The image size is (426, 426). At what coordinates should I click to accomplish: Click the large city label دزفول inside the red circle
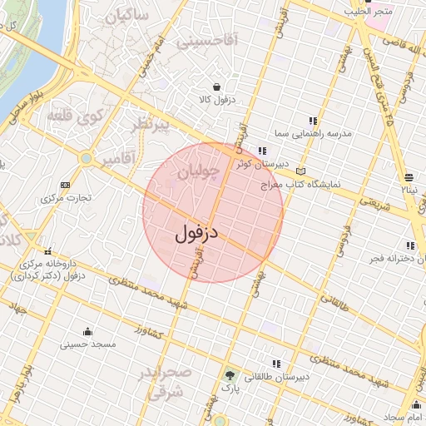pyautogui.click(x=196, y=233)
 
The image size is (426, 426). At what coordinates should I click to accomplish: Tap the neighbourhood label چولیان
pyautogui.click(x=199, y=173)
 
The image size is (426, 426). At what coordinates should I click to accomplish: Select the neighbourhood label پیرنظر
pyautogui.click(x=151, y=126)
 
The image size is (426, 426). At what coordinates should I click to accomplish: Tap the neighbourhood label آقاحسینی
pyautogui.click(x=219, y=37)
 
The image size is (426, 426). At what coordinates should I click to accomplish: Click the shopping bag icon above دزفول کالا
pyautogui.click(x=217, y=86)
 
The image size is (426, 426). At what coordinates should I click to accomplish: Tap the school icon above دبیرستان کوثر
pyautogui.click(x=263, y=151)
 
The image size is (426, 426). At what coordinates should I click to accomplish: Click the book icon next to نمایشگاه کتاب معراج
pyautogui.click(x=300, y=171)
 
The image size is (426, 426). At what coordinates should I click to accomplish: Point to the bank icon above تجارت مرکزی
pyautogui.click(x=66, y=185)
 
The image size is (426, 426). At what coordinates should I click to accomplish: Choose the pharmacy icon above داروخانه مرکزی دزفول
pyautogui.click(x=47, y=251)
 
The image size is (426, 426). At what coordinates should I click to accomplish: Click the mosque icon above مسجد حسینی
pyautogui.click(x=89, y=330)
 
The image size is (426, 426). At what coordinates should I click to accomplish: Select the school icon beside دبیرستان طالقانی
pyautogui.click(x=276, y=364)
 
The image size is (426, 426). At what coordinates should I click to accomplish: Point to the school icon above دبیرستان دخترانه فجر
pyautogui.click(x=409, y=245)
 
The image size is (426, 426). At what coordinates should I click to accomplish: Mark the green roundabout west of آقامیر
pyautogui.click(x=87, y=157)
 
